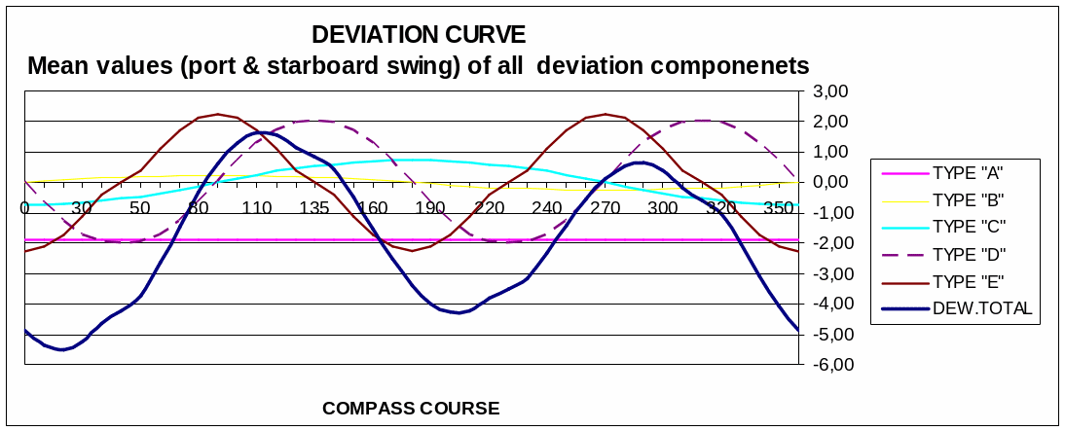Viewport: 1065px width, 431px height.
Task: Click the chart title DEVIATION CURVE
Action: pyautogui.click(x=419, y=35)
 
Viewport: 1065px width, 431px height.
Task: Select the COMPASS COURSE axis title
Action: pyautogui.click(x=411, y=408)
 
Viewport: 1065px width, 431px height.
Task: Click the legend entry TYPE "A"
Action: pyautogui.click(x=968, y=173)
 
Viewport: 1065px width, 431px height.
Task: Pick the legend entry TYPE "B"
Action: pyautogui.click(x=968, y=200)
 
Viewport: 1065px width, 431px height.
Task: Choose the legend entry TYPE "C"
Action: pyautogui.click(x=968, y=228)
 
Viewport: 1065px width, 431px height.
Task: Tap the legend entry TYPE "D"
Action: pyautogui.click(x=968, y=255)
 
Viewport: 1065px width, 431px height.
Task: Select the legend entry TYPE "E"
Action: pyautogui.click(x=968, y=282)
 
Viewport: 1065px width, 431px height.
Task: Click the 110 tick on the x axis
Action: pyautogui.click(x=256, y=208)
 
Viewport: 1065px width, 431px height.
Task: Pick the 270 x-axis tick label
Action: pyautogui.click(x=605, y=208)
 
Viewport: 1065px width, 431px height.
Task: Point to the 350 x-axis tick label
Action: pyautogui.click(x=779, y=208)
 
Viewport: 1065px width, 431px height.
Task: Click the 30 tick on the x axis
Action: pyautogui.click(x=82, y=208)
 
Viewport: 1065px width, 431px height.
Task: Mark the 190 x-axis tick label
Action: pyautogui.click(x=430, y=208)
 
